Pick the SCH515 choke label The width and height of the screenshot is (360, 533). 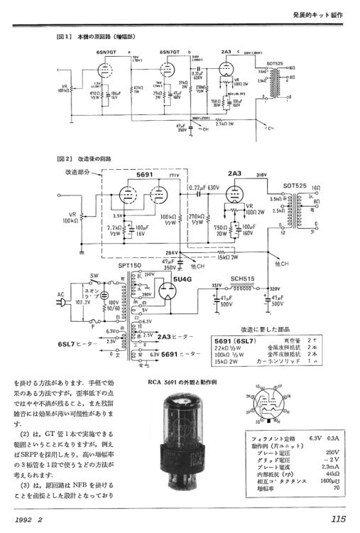click(x=243, y=279)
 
